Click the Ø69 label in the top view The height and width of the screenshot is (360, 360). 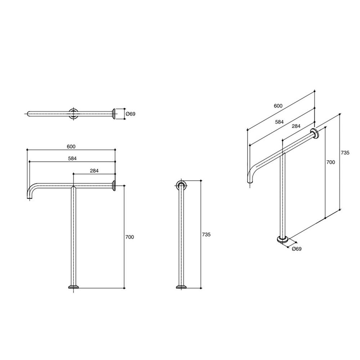tap(130, 114)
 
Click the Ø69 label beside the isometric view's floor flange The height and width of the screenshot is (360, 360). tap(296, 249)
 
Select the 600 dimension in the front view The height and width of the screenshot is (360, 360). tap(71, 146)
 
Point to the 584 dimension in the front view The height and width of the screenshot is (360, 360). tap(72, 158)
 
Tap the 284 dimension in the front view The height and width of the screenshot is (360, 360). tap(94, 171)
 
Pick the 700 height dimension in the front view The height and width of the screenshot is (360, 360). tap(130, 237)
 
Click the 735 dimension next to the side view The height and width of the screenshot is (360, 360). tap(206, 234)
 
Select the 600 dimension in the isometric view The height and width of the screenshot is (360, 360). tap(278, 106)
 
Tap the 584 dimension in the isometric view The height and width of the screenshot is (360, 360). tap(279, 122)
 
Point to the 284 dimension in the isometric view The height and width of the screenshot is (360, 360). tap(296, 126)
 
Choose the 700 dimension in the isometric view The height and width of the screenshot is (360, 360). tap(330, 162)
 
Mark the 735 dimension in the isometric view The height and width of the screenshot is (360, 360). tap(345, 153)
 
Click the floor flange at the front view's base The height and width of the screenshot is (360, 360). tap(74, 287)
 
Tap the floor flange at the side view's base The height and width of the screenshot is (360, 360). tap(181, 287)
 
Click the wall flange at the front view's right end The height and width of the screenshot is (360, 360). tap(114, 185)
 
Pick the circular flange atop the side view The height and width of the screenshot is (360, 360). tap(181, 186)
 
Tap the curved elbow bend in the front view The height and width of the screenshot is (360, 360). tap(32, 190)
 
